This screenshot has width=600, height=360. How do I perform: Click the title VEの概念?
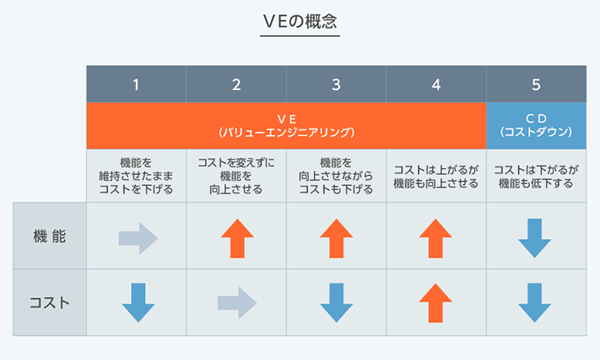[x=300, y=22]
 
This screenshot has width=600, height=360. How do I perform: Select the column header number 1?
[x=136, y=84]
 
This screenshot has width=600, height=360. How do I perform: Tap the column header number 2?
[x=236, y=84]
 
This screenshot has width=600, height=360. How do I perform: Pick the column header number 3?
[x=336, y=84]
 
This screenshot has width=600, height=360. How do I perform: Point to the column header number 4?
[x=436, y=84]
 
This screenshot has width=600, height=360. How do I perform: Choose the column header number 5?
[x=536, y=84]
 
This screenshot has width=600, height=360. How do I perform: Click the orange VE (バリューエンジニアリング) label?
[x=287, y=126]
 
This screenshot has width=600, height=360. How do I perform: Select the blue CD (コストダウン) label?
[x=536, y=125]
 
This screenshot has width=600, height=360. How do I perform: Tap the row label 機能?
[x=49, y=236]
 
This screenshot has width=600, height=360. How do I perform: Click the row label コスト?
[x=49, y=302]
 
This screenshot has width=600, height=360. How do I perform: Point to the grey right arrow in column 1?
[x=138, y=238]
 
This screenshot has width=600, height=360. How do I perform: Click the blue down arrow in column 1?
[x=138, y=302]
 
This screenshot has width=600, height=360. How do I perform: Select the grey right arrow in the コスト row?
[x=237, y=303]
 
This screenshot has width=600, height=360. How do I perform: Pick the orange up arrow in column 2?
[x=237, y=238]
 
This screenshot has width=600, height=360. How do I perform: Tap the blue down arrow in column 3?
[x=337, y=302]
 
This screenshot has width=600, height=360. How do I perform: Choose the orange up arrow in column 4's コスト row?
[x=436, y=303]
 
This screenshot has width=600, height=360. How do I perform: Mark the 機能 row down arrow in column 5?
[x=534, y=238]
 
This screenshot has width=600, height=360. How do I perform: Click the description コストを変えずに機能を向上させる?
[x=236, y=176]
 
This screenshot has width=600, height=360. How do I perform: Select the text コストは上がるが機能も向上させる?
[x=436, y=177]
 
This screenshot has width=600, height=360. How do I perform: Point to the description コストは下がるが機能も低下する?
[x=536, y=177]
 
